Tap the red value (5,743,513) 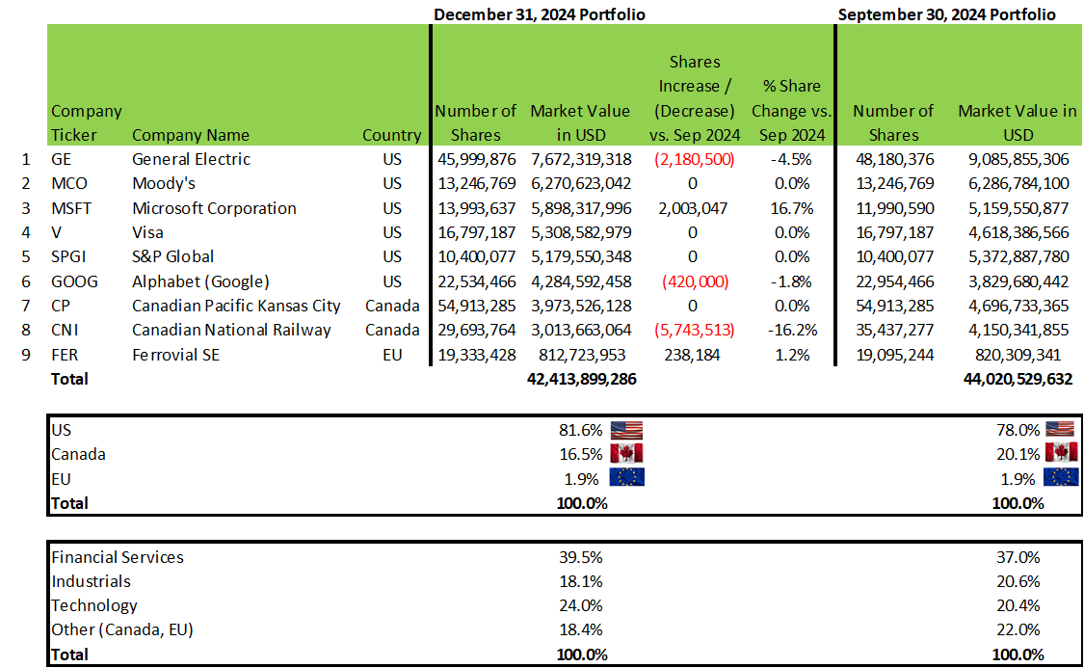694,330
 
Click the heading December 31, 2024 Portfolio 539,14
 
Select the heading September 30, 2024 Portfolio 946,14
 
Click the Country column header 391,135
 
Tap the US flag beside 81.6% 626,430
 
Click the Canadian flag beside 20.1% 1061,454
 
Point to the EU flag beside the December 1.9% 626,478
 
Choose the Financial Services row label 117,557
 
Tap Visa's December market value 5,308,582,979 581,232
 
